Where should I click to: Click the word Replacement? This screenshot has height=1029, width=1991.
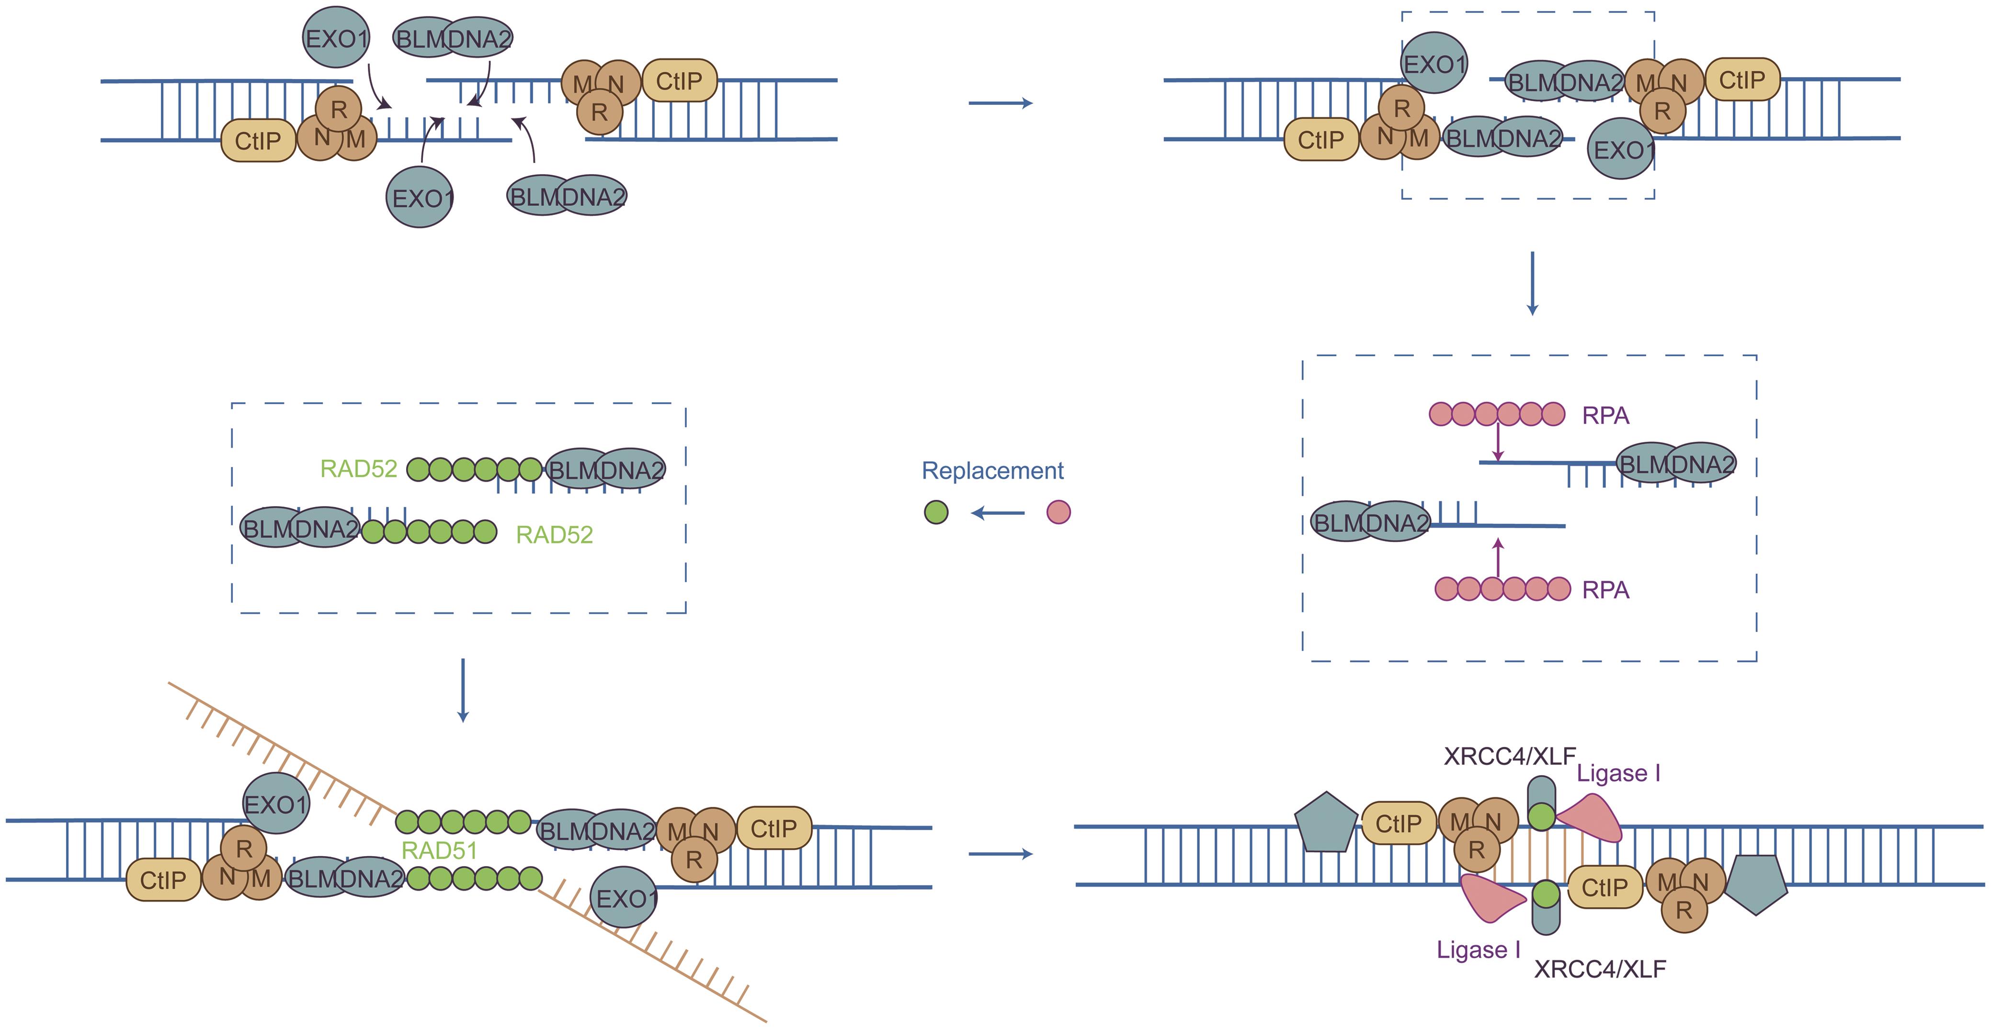click(992, 471)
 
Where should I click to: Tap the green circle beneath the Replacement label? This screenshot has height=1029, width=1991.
click(936, 512)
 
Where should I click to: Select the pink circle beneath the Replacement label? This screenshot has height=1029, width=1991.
click(1058, 512)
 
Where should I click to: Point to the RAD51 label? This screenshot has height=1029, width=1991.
click(439, 850)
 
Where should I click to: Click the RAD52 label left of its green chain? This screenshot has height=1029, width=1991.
click(359, 469)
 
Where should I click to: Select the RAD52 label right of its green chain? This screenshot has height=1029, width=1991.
click(554, 534)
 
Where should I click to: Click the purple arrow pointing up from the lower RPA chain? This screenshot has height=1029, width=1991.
click(1498, 558)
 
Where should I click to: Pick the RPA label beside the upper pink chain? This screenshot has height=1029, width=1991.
click(1605, 416)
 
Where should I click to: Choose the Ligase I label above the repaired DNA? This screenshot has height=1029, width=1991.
click(1618, 773)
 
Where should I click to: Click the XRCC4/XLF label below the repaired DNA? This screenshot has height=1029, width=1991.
click(1600, 969)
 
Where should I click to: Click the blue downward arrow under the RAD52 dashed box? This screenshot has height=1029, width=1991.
click(463, 690)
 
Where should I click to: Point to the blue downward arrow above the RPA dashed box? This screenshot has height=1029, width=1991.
click(1532, 283)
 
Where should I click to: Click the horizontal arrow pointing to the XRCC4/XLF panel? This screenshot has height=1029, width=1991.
click(1000, 854)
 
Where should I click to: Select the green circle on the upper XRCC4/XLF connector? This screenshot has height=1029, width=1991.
click(1541, 816)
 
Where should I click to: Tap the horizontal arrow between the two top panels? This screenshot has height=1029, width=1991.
click(1000, 103)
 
